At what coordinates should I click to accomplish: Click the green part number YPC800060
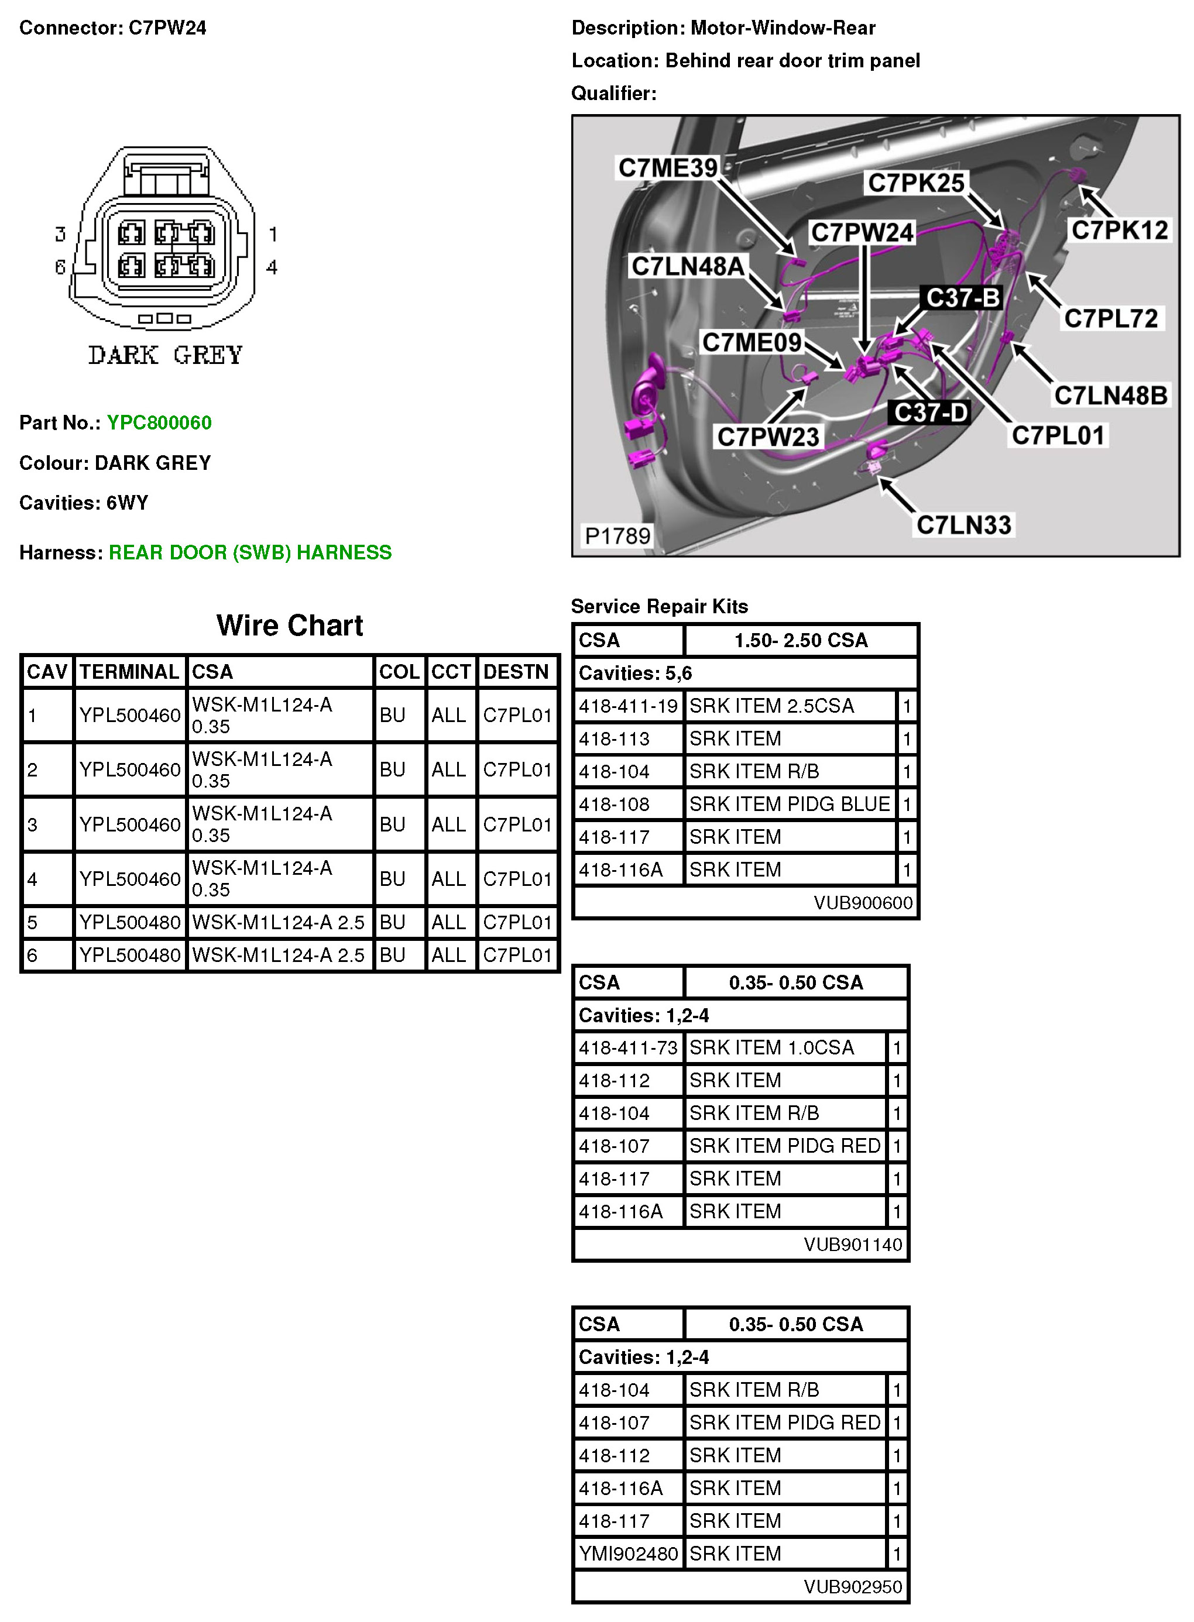(x=159, y=422)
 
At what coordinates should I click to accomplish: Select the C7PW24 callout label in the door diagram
(x=862, y=233)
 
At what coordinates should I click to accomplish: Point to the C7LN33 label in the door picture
(x=963, y=524)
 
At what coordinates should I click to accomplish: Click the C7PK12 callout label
(x=1119, y=231)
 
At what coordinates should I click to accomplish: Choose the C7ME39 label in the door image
(x=668, y=167)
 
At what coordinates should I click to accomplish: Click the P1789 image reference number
(x=617, y=535)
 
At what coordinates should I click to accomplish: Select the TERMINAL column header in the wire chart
(x=129, y=672)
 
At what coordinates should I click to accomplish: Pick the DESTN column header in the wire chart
(x=516, y=672)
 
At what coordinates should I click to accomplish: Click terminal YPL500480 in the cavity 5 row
(x=129, y=922)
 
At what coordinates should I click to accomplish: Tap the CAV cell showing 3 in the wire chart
(x=33, y=824)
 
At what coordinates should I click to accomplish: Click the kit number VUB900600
(x=863, y=902)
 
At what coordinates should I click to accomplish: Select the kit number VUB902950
(x=853, y=1586)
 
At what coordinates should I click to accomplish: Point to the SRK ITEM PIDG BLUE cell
(x=789, y=804)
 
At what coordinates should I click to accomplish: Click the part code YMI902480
(x=628, y=1554)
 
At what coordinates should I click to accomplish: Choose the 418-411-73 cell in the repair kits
(x=628, y=1047)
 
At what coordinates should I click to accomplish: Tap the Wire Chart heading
(x=290, y=626)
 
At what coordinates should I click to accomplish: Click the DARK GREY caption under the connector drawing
(x=166, y=355)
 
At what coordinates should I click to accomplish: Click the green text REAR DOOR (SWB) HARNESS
(x=250, y=553)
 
